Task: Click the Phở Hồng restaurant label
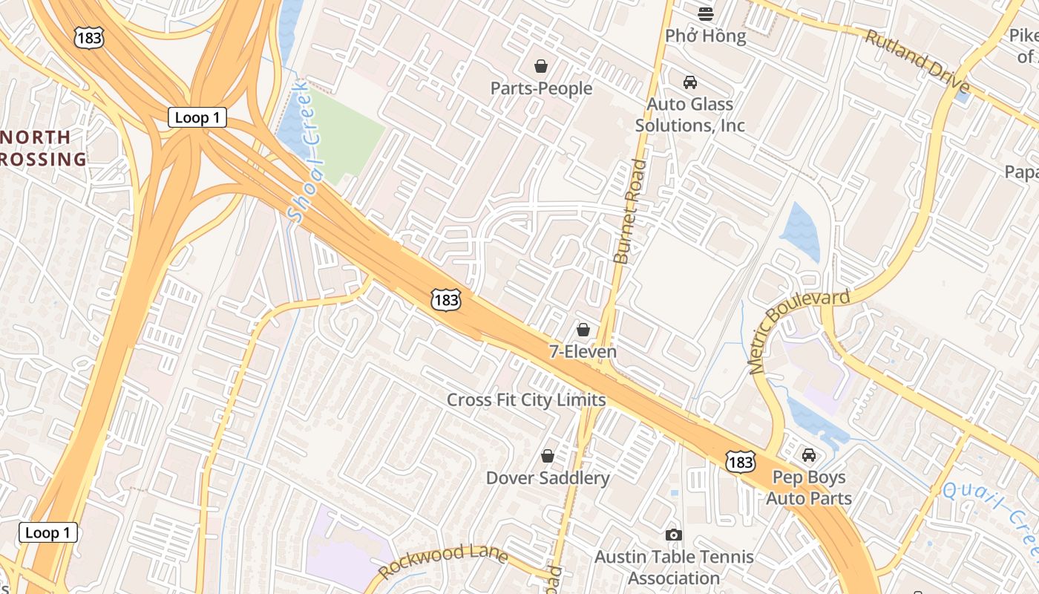pos(705,36)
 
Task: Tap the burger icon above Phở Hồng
pos(705,13)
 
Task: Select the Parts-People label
pos(541,88)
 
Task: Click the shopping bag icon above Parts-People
pos(541,66)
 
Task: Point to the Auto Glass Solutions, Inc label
pos(689,114)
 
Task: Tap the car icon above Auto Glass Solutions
pos(690,82)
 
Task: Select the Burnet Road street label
pos(629,212)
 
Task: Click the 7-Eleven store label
pos(583,351)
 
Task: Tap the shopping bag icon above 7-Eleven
pos(583,329)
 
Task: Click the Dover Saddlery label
pos(548,477)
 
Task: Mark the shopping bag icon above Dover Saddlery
pos(548,455)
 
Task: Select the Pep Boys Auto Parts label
pos(809,487)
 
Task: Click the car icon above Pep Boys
pos(809,454)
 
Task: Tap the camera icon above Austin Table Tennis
pos(673,535)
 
